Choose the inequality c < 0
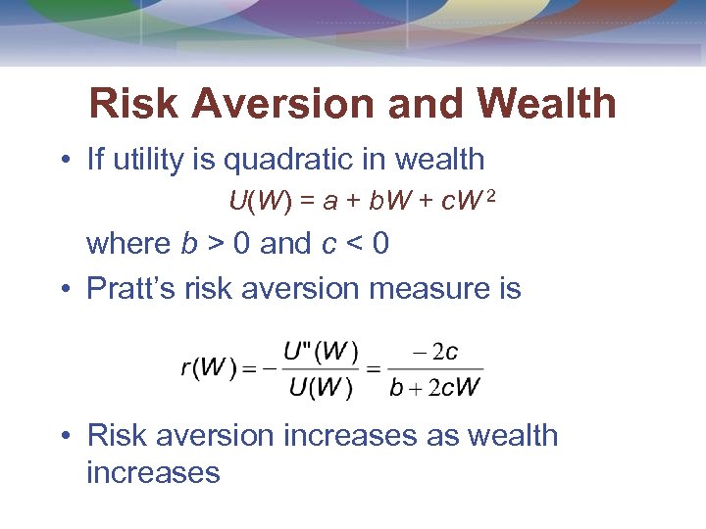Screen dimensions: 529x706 point(355,243)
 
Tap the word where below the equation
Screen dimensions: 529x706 point(128,243)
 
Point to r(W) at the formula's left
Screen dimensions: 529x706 point(210,368)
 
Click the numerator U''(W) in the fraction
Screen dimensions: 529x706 point(322,350)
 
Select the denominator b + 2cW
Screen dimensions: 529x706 point(435,387)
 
